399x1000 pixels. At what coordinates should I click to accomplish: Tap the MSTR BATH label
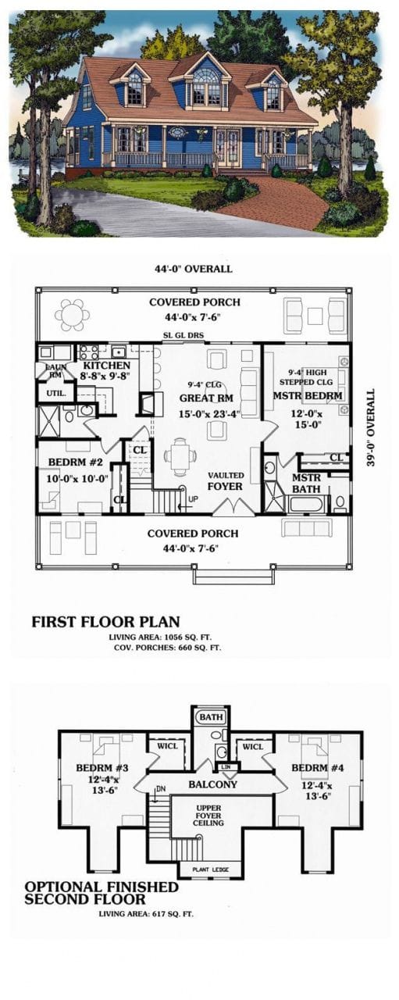point(307,484)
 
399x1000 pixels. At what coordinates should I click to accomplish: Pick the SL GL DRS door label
point(184,335)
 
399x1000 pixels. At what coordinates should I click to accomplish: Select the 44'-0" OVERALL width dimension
point(194,269)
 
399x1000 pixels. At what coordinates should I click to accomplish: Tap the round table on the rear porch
point(71,315)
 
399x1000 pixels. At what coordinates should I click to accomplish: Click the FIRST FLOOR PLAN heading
point(105,622)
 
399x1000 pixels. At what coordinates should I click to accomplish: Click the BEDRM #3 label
point(99,767)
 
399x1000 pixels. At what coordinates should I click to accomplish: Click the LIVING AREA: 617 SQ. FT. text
point(145,912)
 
